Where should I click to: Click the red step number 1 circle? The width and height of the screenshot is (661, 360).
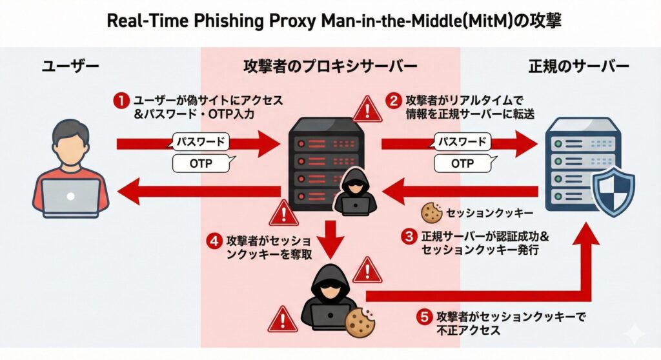(120, 101)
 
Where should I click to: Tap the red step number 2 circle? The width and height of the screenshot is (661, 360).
(393, 101)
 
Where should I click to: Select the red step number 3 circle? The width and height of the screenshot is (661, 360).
(408, 237)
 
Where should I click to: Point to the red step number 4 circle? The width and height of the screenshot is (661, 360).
(214, 242)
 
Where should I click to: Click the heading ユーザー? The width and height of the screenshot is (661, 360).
(71, 66)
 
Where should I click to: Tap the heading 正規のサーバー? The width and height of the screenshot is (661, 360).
(578, 66)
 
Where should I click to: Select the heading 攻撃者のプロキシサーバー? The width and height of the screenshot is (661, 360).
(330, 66)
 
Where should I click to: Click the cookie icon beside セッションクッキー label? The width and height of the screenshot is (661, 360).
(430, 212)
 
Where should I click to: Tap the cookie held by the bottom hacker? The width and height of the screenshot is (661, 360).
(360, 321)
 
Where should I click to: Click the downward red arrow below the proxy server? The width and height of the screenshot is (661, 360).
(330, 239)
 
